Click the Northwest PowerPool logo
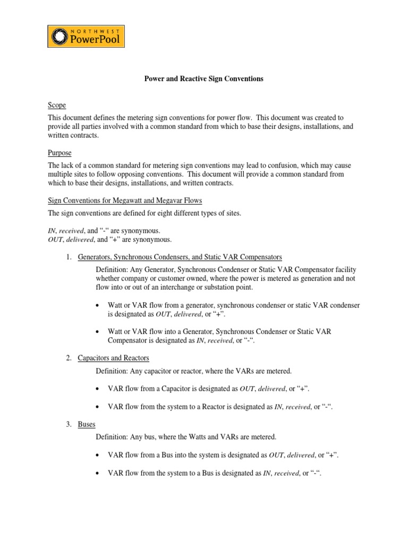point(86,37)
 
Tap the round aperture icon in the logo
point(60,37)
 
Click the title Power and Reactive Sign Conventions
point(204,78)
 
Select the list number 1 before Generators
point(69,257)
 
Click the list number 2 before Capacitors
point(69,358)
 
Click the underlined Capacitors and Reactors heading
point(113,358)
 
